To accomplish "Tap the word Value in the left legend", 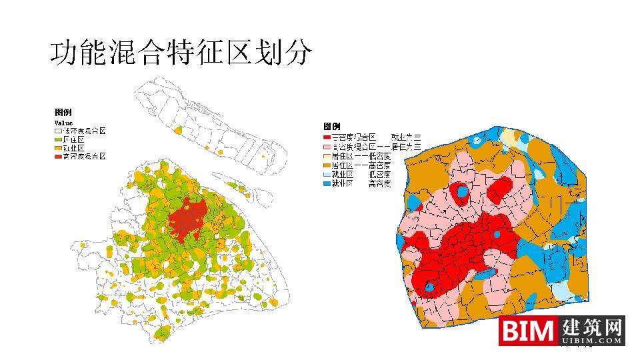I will click(63, 123).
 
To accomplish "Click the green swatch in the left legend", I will click(58, 140).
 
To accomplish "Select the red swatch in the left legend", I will click(58, 156).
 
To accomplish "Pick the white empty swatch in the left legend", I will click(58, 132).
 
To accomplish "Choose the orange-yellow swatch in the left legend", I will click(58, 148).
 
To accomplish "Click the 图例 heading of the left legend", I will click(63, 113).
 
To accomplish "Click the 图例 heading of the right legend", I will click(332, 126).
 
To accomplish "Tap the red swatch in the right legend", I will click(327, 136).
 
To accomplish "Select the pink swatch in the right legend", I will click(327, 145).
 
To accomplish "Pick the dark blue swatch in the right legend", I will click(327, 183).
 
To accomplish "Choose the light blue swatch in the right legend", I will click(327, 173).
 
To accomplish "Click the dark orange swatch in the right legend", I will click(327, 164).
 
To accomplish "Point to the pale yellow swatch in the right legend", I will click(327, 155).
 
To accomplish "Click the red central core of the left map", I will click(189, 219).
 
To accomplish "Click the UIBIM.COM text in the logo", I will click(593, 341).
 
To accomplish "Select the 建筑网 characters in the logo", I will click(593, 327).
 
